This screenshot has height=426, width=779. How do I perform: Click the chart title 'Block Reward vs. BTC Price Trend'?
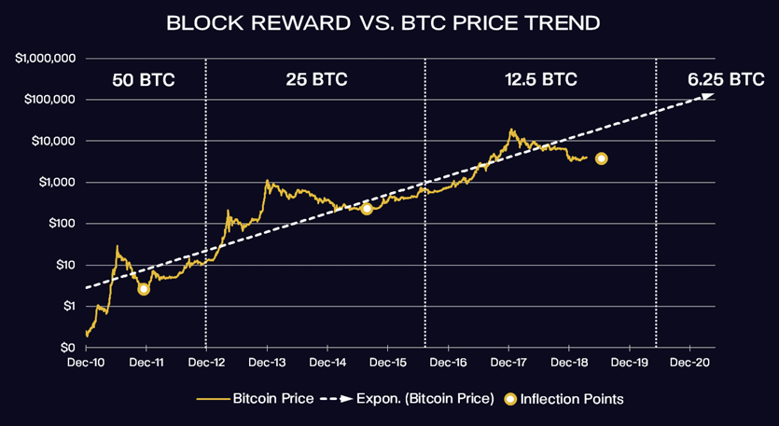383,23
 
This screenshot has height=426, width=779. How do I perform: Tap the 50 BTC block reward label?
144,80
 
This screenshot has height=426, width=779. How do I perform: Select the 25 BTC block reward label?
316,79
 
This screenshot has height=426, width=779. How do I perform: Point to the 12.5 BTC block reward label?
541,79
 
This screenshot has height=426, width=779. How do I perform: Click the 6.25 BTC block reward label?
726,79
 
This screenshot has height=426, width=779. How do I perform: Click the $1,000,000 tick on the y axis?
46,59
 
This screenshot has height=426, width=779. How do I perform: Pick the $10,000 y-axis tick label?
54,141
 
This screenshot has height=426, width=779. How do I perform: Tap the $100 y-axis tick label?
62,224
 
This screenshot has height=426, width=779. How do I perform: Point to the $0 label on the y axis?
67,348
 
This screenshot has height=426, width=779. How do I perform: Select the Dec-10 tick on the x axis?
87,363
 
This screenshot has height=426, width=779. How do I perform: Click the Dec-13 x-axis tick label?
268,363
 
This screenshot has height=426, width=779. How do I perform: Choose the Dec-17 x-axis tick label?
509,363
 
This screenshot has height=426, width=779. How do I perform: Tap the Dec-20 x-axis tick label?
690,363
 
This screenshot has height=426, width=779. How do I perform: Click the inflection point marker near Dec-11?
143,289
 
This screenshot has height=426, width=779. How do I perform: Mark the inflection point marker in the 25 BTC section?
367,209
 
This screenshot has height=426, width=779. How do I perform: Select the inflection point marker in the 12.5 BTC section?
601,158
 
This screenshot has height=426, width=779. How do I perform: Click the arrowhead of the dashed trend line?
707,95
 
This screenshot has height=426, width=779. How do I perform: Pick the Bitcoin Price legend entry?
256,399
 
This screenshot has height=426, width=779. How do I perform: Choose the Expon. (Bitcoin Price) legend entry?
407,399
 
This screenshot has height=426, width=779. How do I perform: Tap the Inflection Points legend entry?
563,399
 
